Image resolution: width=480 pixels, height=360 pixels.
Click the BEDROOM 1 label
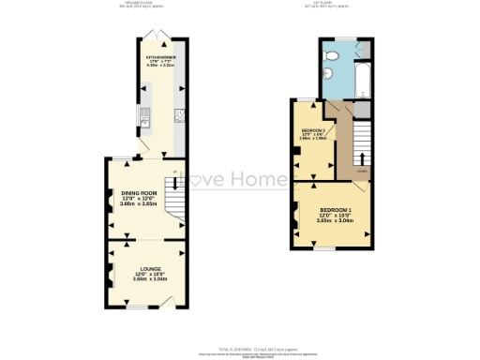click(x=335, y=209)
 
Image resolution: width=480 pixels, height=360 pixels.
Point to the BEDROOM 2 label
click(x=312, y=129)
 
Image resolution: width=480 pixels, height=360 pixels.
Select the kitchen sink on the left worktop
click(x=146, y=117)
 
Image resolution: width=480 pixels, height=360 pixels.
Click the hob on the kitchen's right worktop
click(x=178, y=117)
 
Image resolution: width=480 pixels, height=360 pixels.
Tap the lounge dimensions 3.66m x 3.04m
click(x=144, y=279)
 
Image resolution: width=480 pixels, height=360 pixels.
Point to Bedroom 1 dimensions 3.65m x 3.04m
click(x=335, y=221)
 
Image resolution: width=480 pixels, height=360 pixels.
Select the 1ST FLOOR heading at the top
click(x=337, y=6)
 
